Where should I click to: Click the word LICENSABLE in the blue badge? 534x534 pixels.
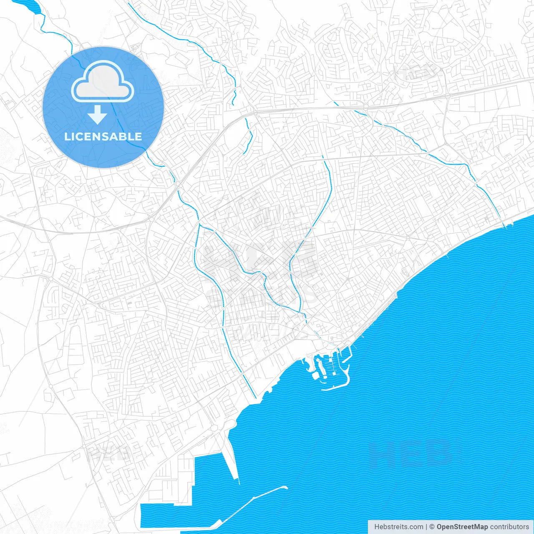103,136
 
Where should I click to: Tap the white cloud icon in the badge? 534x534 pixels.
103,81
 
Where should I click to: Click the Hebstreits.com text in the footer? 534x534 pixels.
398,527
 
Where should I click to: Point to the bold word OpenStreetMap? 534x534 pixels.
462,527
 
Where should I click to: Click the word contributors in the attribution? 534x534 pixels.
509,527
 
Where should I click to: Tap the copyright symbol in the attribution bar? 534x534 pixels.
432,527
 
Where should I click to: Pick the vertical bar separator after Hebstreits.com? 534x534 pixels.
426,527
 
